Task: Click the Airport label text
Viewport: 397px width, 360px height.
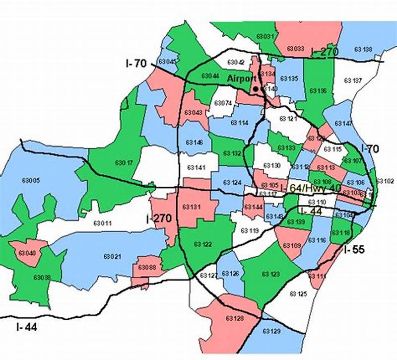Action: (242, 78)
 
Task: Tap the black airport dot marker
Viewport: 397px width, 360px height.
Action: (256, 89)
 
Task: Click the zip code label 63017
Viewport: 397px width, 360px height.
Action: (124, 162)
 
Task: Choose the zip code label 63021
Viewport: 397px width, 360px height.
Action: (112, 256)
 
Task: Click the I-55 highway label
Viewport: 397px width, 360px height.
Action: (354, 249)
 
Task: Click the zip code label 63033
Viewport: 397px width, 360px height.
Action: (296, 49)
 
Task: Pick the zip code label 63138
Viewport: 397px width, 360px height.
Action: (363, 49)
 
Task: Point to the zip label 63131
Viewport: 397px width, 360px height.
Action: (192, 207)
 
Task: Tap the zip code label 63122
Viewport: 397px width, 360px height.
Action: (202, 244)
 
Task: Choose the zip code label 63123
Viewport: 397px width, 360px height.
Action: (271, 274)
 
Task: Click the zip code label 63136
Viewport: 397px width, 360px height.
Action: (318, 91)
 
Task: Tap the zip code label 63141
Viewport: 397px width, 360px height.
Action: (197, 168)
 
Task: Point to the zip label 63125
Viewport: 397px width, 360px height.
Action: (298, 294)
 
